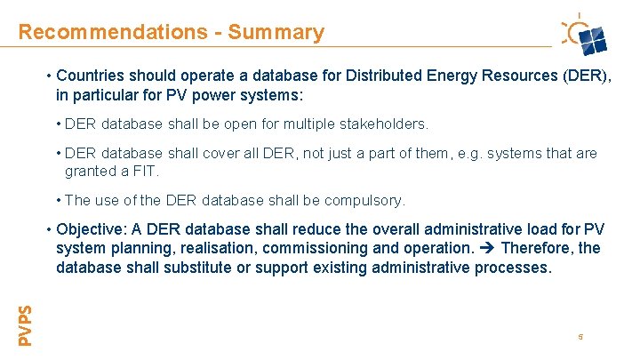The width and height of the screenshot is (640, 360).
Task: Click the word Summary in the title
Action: click(x=276, y=33)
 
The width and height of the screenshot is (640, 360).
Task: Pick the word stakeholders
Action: click(x=385, y=124)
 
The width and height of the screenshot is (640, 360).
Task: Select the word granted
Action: click(x=92, y=171)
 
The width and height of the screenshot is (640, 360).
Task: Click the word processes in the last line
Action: click(x=516, y=268)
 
